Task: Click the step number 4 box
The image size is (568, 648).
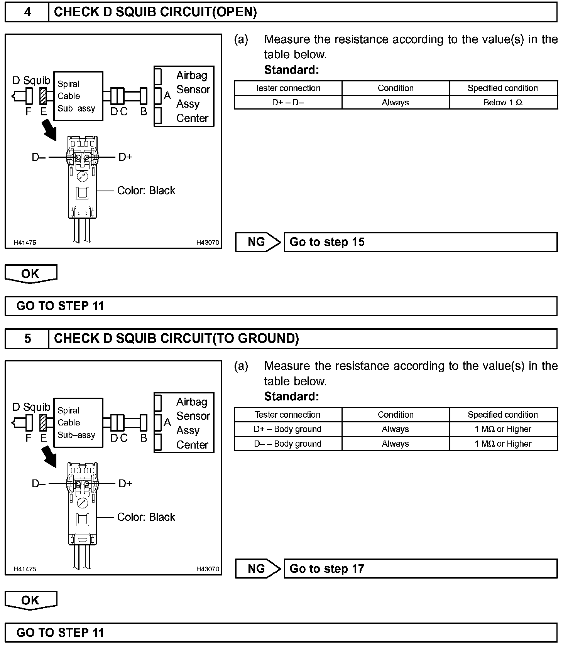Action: (27, 12)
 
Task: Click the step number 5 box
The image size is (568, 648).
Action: (27, 339)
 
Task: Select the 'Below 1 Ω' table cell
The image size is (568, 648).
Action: (503, 103)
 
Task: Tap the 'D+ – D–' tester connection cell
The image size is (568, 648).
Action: (288, 103)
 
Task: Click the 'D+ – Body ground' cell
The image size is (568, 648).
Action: (288, 429)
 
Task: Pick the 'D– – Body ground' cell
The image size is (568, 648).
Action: (288, 444)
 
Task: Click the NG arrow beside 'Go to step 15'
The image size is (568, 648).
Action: (258, 242)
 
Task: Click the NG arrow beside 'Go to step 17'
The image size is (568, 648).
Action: (258, 569)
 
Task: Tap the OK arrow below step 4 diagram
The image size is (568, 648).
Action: (31, 274)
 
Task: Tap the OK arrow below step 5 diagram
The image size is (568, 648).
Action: (31, 601)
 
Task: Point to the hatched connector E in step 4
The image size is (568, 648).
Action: (43, 96)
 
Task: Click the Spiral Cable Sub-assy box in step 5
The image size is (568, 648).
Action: (78, 423)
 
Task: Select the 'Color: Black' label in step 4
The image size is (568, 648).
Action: (146, 191)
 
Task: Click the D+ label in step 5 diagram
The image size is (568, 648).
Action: (125, 484)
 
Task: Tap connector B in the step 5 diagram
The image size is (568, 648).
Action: (144, 423)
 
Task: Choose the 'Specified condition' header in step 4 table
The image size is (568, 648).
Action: (503, 88)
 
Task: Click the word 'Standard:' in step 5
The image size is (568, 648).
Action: (292, 397)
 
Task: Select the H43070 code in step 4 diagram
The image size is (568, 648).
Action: (208, 243)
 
